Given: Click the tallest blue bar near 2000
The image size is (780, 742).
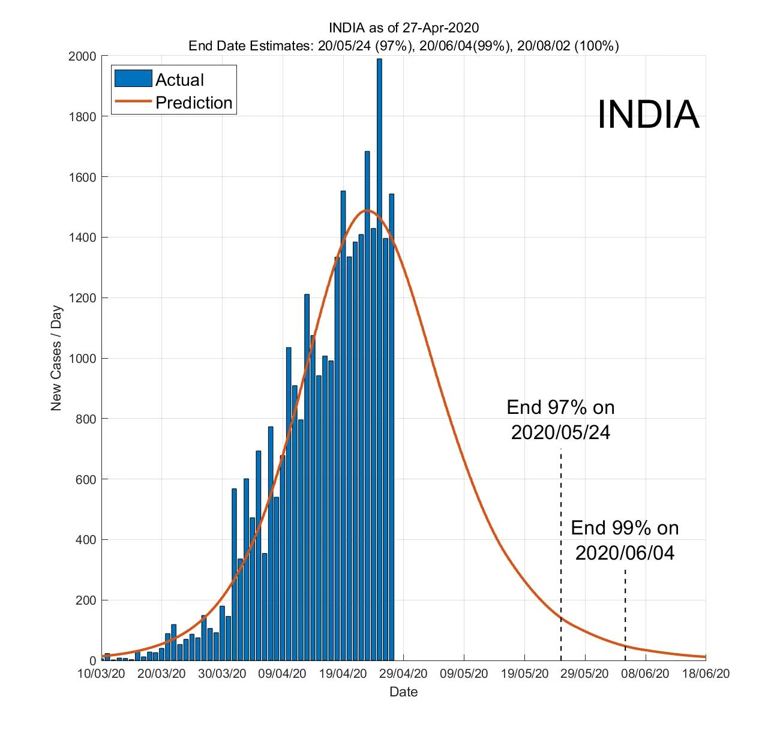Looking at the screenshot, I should click(379, 360).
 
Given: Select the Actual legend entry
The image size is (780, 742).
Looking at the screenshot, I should click(179, 80).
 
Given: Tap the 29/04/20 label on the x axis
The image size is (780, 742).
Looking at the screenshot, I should click(403, 674).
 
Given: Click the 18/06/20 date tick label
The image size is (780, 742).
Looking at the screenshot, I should click(706, 674).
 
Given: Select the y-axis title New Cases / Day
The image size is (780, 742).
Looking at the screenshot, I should click(56, 358).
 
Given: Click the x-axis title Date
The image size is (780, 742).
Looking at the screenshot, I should click(403, 692).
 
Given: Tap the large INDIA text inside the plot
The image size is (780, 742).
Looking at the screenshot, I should click(648, 114).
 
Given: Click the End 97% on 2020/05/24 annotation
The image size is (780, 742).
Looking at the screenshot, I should click(560, 420).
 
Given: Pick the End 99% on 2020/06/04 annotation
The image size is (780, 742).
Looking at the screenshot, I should click(625, 540).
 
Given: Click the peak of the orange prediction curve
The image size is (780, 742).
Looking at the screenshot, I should click(367, 211).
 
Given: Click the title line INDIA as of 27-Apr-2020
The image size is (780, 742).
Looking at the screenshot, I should click(403, 28).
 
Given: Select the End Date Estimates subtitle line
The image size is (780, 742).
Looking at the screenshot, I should click(403, 46).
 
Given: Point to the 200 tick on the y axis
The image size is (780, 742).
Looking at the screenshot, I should click(88, 600).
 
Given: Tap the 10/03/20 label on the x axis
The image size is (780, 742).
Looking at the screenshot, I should click(101, 674).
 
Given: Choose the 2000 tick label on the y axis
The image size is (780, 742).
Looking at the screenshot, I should click(83, 56).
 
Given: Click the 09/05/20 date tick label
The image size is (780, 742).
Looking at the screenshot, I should click(464, 674).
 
